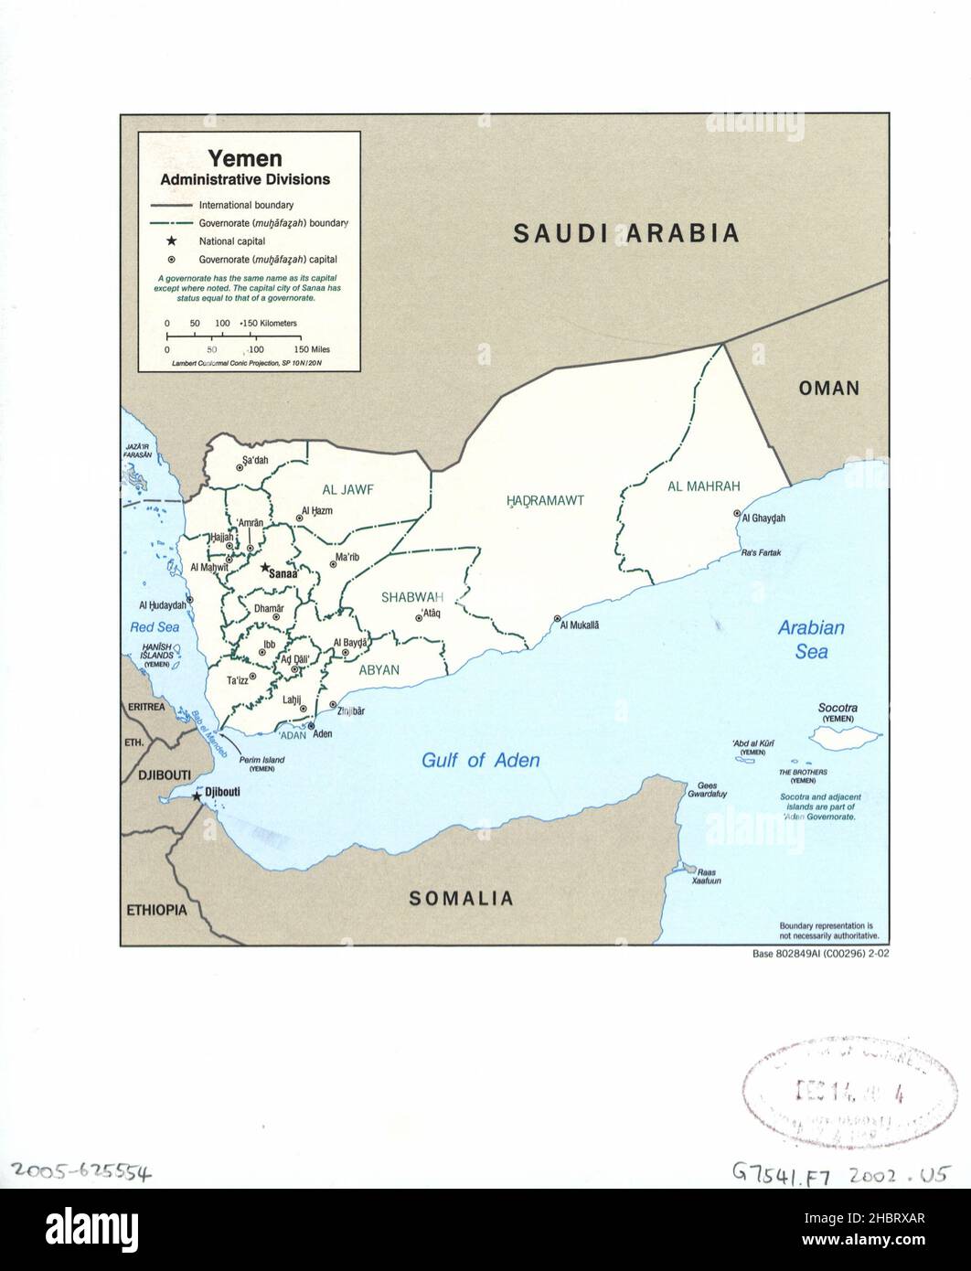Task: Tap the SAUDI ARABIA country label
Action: (625, 233)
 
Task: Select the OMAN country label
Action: (828, 388)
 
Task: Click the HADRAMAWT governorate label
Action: (545, 500)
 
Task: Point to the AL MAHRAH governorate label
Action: (703, 486)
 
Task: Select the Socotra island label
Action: (838, 709)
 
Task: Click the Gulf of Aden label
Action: (480, 760)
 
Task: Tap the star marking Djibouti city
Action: (197, 797)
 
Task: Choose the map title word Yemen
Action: (244, 158)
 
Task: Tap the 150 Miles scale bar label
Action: (312, 349)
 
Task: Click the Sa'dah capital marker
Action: (240, 467)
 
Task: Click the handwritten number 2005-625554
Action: (82, 1170)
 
